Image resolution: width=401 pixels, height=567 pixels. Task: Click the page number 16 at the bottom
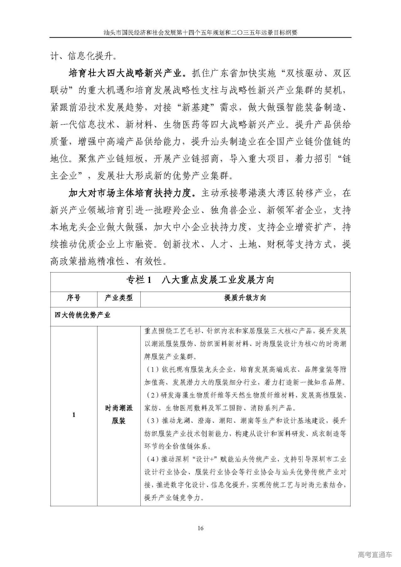click(x=200, y=528)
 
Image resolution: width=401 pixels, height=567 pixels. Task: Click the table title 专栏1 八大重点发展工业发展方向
click(x=200, y=280)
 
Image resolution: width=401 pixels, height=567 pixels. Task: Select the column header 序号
click(x=74, y=298)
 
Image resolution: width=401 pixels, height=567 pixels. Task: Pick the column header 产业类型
click(x=119, y=298)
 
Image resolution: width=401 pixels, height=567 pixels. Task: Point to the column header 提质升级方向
click(x=245, y=298)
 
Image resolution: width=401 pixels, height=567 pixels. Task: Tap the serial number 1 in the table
click(x=74, y=415)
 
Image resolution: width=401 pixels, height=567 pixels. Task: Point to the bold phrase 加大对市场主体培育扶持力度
click(x=130, y=193)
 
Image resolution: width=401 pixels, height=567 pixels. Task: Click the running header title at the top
click(x=200, y=32)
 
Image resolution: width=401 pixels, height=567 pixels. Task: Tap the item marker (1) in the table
click(x=153, y=370)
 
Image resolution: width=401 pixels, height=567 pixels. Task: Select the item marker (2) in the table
click(x=153, y=395)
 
